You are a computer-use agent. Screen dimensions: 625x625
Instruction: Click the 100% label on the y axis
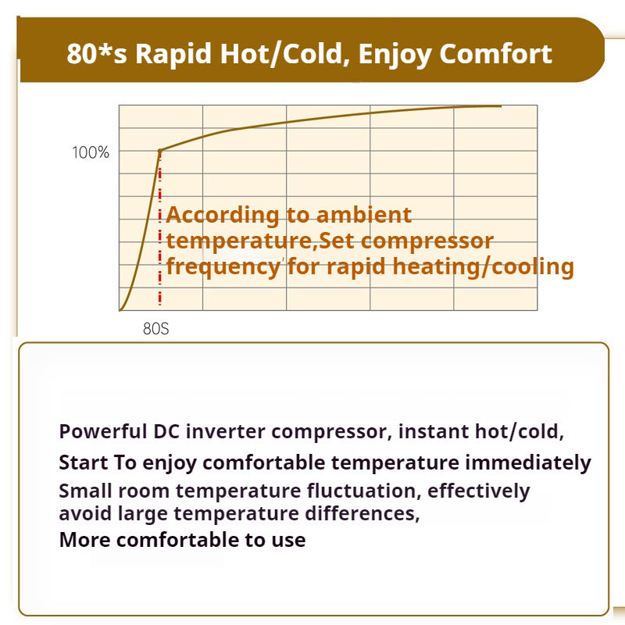click(91, 152)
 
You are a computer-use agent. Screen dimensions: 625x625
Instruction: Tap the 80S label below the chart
click(155, 329)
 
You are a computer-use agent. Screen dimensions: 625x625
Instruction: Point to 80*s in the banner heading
click(97, 53)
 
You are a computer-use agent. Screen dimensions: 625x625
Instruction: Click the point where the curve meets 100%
click(160, 151)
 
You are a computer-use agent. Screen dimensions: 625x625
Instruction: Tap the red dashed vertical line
click(160, 228)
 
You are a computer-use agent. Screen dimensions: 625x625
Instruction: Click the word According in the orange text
click(223, 216)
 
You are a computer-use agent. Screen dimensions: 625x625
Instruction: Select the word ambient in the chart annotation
click(363, 215)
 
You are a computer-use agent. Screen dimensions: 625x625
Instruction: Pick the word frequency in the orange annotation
click(223, 267)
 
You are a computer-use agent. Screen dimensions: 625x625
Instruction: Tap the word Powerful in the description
click(103, 431)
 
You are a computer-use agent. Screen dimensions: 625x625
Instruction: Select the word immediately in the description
click(528, 463)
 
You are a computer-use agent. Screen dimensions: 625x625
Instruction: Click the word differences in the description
click(362, 513)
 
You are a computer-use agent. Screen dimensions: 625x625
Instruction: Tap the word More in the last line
click(84, 540)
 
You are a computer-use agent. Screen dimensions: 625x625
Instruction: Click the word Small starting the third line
click(85, 491)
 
